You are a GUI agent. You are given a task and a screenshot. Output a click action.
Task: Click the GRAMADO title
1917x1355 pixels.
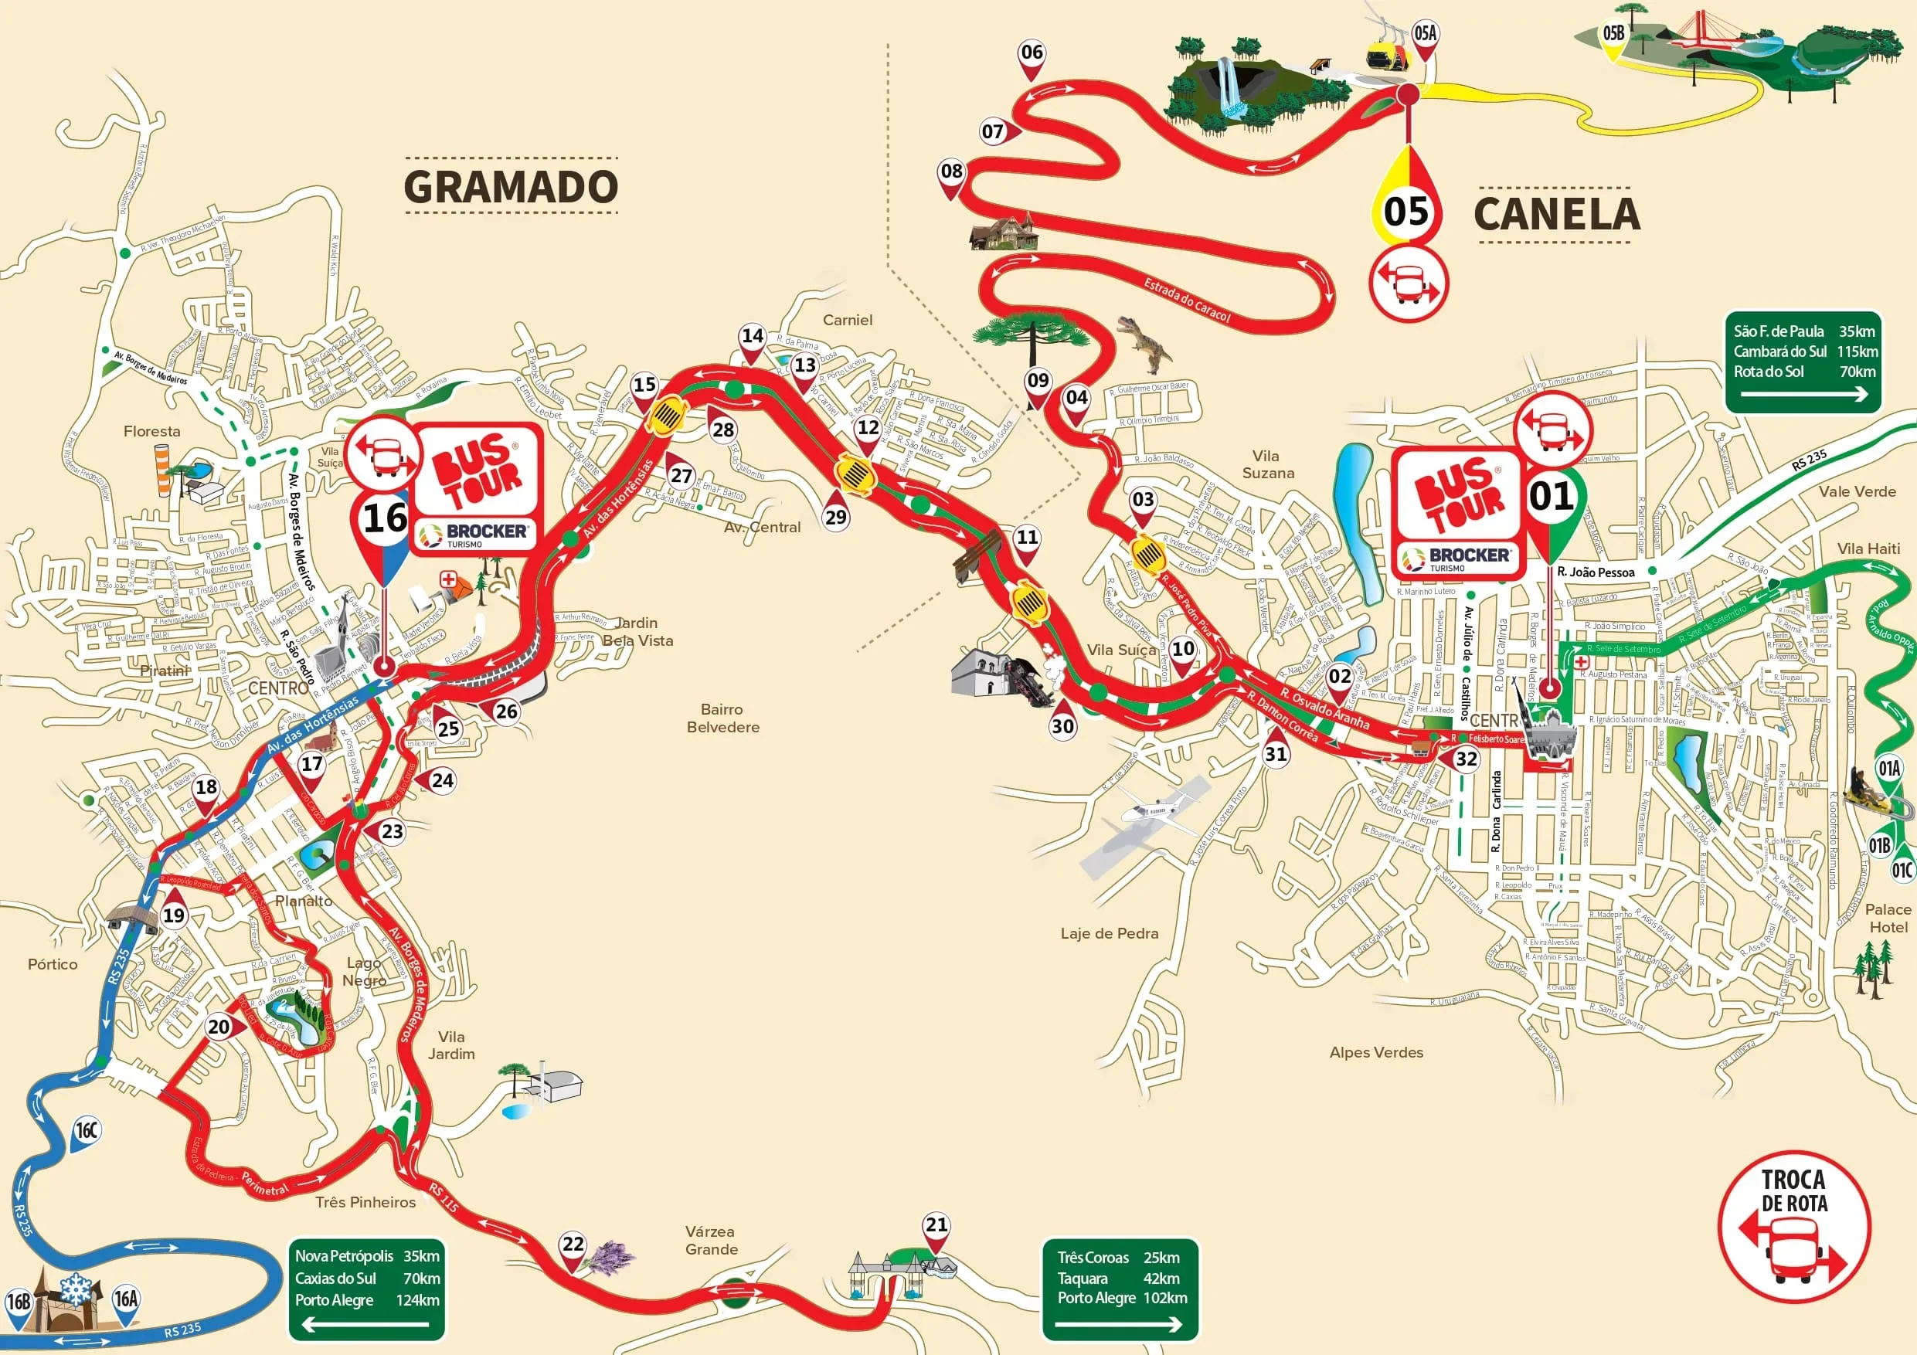tap(510, 186)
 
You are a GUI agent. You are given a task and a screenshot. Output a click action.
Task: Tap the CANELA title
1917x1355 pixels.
tap(1556, 214)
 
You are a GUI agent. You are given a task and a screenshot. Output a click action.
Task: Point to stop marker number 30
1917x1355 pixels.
tap(1062, 725)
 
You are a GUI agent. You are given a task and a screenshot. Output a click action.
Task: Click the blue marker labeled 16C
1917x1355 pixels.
tap(87, 1131)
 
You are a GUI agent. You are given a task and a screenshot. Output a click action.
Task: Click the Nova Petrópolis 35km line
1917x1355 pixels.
tap(366, 1255)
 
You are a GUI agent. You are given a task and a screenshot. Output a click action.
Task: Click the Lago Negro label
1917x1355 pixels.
tap(364, 971)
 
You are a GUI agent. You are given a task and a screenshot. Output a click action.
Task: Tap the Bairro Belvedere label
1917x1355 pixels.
tap(722, 718)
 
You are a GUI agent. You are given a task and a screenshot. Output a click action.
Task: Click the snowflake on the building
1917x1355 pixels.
tap(76, 1289)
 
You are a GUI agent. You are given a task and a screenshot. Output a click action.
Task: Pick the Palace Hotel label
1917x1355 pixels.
tap(1888, 918)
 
